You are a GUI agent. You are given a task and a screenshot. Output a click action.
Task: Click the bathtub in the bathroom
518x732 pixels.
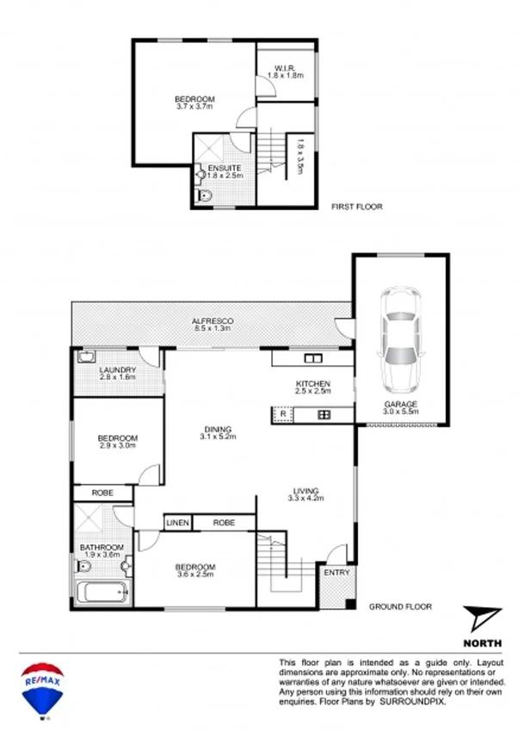[101, 593]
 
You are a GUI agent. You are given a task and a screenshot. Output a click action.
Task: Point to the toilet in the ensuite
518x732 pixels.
[204, 195]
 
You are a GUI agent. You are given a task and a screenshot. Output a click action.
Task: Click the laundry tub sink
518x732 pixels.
[88, 357]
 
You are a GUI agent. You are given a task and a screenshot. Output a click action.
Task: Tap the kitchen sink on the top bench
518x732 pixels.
[311, 358]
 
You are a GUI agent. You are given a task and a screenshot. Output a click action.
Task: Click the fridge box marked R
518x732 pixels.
[282, 415]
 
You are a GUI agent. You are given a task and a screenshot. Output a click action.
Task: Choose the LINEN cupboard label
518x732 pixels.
[177, 522]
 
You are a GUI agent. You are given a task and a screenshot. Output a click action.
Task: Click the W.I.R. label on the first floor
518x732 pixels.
[286, 68]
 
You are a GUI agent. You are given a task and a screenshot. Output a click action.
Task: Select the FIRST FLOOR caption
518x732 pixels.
[357, 207]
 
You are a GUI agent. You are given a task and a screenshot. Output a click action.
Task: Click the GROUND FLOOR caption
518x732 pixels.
[400, 606]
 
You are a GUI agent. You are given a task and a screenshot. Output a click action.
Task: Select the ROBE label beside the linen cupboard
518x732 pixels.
[224, 522]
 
